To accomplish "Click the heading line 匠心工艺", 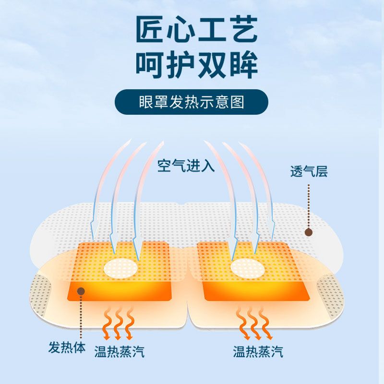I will (x=192, y=30).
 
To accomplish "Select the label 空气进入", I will (x=186, y=166).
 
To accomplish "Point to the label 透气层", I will (x=309, y=171).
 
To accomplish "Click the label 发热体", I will (x=67, y=347).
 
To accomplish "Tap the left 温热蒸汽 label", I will (x=120, y=351).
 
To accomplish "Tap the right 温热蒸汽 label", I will (x=258, y=351).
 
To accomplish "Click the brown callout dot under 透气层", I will (x=309, y=232).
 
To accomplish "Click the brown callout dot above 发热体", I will (x=81, y=291).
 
